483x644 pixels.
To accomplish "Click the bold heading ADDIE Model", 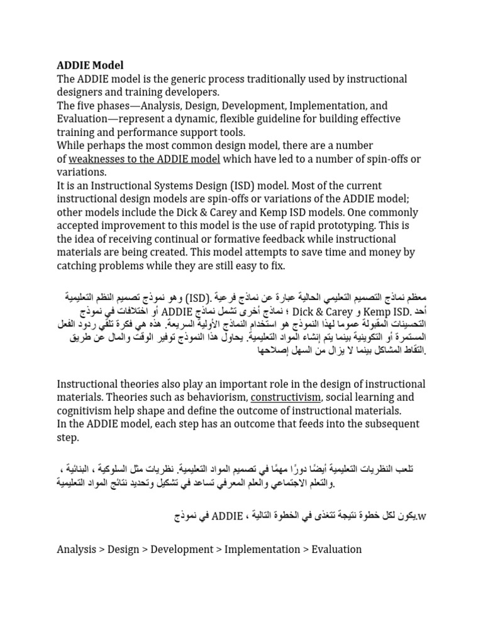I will pos(91,65).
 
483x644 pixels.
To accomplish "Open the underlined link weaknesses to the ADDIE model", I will pos(144,159).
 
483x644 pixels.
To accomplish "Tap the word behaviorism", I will pos(213,397).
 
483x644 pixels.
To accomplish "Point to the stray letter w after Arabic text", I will pos(422,517).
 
